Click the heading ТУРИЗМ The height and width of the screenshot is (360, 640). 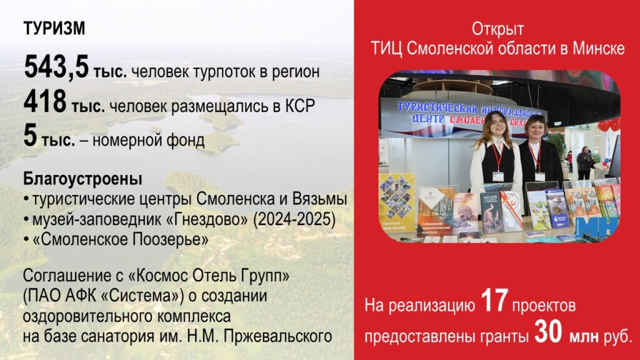pyautogui.click(x=54, y=29)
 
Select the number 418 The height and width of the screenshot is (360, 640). pyautogui.click(x=45, y=102)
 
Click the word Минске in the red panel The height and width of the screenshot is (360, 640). pyautogui.click(x=598, y=49)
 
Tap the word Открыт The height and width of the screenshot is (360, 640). pyautogui.click(x=497, y=29)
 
